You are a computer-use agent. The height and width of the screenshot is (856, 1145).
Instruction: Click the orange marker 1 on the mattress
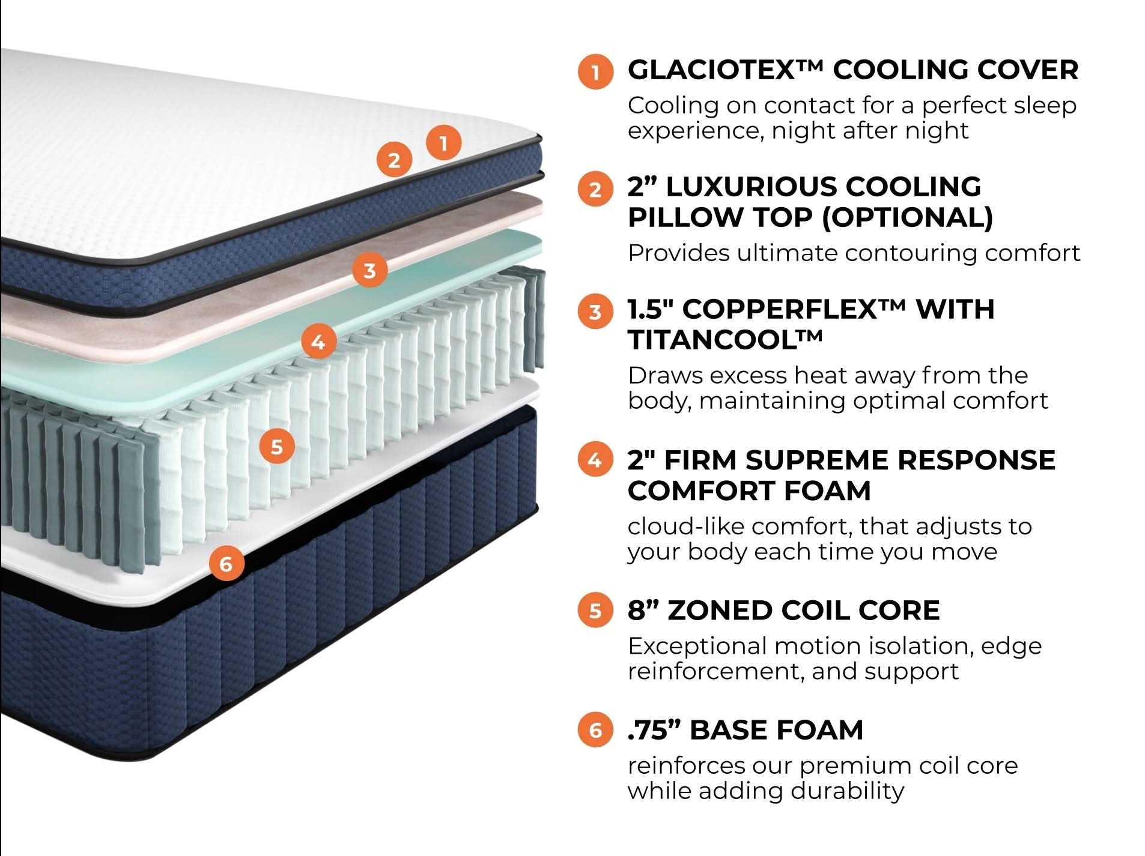click(x=443, y=143)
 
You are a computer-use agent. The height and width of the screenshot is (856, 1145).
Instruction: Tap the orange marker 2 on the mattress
click(x=393, y=160)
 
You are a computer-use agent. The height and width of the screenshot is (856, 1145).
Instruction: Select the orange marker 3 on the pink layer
click(x=369, y=270)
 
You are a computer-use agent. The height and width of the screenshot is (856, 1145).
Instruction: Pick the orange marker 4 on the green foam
click(x=318, y=342)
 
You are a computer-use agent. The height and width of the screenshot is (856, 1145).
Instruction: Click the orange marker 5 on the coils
click(x=276, y=447)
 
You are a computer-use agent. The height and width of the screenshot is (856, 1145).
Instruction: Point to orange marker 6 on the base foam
click(x=226, y=564)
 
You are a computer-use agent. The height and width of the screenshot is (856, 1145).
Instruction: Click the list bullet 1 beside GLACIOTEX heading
click(x=595, y=72)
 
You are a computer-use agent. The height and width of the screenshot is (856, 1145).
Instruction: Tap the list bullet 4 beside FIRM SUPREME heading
click(x=595, y=460)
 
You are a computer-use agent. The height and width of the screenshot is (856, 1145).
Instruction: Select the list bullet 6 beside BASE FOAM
click(x=595, y=730)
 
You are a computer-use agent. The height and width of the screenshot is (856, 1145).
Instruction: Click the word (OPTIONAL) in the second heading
click(x=907, y=217)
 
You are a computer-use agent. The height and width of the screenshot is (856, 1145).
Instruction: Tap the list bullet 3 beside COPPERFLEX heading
click(x=595, y=312)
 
